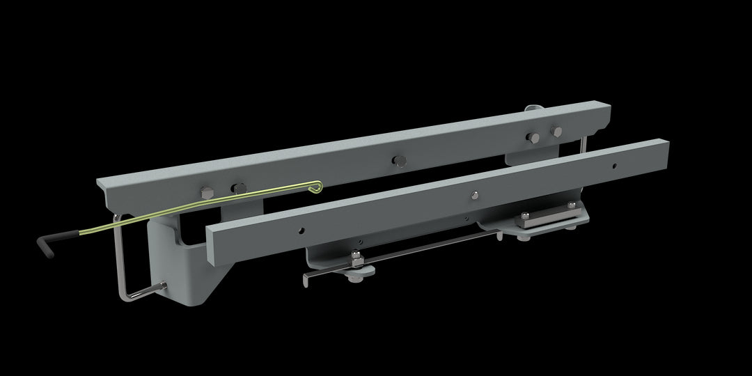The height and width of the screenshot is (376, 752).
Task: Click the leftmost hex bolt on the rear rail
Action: tap(206, 192)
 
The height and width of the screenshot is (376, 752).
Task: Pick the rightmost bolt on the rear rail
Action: tap(556, 131)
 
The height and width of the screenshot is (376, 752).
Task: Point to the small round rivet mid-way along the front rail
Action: tap(473, 194)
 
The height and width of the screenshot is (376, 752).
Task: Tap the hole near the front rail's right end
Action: tap(613, 166)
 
